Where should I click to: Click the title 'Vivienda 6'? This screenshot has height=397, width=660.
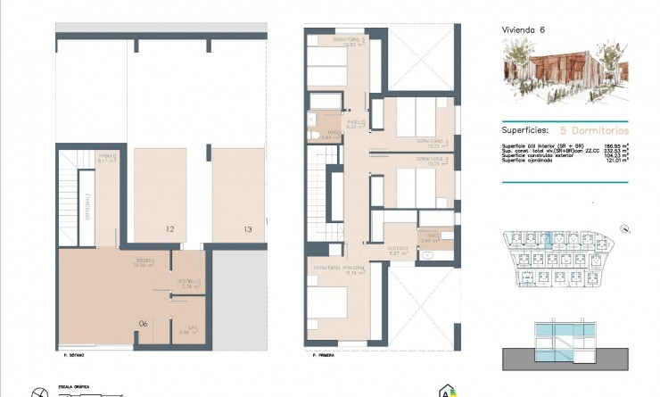[524, 29]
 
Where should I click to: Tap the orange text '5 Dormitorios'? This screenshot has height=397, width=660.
[594, 129]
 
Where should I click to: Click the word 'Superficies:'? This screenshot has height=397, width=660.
[524, 129]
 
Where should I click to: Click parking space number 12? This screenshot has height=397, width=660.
[169, 229]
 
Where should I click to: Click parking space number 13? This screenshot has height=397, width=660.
[247, 229]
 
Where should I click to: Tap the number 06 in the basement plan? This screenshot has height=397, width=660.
[143, 323]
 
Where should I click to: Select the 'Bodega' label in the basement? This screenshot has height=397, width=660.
[144, 261]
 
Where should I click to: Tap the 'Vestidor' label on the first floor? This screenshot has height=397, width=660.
[398, 249]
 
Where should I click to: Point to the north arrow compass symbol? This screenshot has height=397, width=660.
[37, 391]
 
